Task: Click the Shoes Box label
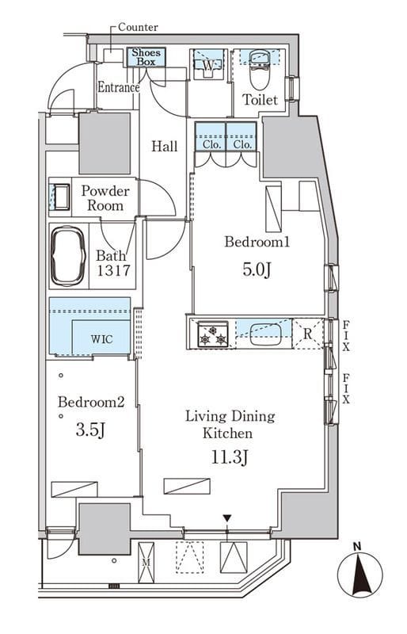[146, 57]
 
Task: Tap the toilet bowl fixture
[259, 70]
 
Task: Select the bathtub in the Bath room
[67, 256]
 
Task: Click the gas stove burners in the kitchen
[212, 334]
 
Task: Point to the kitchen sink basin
[265, 334]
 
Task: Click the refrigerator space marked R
[307, 334]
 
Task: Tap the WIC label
[101, 339]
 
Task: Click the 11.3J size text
[229, 458]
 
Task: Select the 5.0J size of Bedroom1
[257, 269]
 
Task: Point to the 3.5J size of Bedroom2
[90, 430]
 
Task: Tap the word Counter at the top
[138, 27]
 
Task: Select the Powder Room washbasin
[61, 197]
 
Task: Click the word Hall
[165, 146]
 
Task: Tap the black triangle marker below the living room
[227, 518]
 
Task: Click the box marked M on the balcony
[146, 563]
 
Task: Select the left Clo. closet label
[211, 144]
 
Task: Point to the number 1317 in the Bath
[113, 269]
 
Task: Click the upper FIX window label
[346, 335]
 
